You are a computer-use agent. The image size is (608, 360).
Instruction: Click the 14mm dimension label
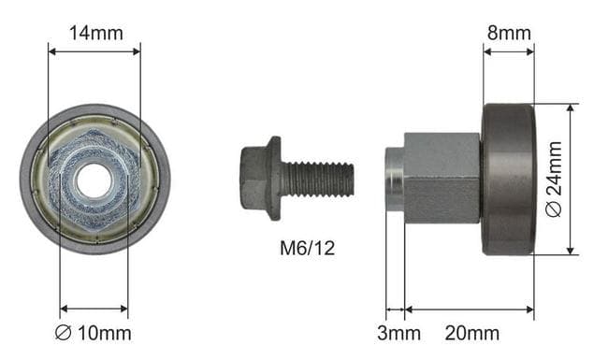pos(96,33)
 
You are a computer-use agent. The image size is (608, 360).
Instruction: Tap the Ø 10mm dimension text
pos(93,333)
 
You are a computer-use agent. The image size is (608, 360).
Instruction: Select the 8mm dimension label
pos(509,33)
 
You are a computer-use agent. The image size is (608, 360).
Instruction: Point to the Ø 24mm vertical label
pos(554,179)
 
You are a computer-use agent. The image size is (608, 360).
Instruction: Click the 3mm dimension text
pos(398,333)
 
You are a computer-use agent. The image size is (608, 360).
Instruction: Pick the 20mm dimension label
pos(471,333)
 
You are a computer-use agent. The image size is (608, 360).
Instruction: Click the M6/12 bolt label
pos(307,248)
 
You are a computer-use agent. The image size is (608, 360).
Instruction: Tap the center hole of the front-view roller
pos(94,181)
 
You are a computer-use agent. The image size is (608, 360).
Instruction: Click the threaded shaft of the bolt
pos(317,179)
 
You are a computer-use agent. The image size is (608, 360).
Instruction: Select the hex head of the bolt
pos(254,179)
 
